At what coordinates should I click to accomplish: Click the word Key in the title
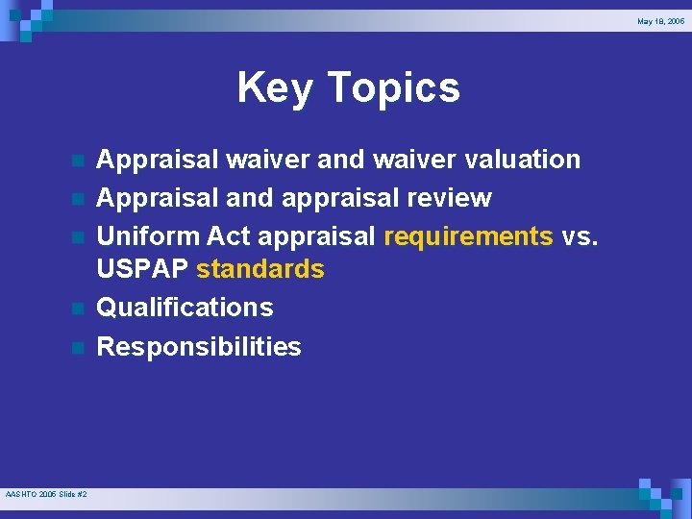tap(274, 88)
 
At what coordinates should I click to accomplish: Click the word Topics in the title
tap(393, 88)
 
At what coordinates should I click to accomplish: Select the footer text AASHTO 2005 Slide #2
tap(46, 494)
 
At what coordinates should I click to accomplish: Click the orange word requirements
tap(468, 235)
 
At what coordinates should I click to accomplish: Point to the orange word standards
tap(260, 269)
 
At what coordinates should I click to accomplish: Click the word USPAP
tap(143, 269)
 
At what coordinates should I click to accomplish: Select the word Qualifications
tap(185, 308)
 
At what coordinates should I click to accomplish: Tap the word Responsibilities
tap(199, 346)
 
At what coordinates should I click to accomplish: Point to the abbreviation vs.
tap(580, 235)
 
